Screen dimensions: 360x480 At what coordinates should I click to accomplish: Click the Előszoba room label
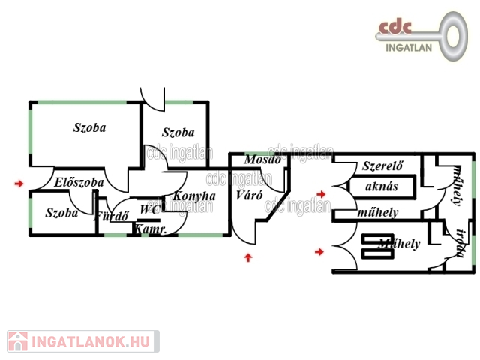[x=79, y=182]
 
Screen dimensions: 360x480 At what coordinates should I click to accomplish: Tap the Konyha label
[x=194, y=196]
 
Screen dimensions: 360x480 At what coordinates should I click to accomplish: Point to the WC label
[x=148, y=210]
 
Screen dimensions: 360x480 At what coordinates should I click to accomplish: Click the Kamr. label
[x=150, y=229]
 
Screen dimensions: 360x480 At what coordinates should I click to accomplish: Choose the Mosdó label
[x=263, y=160]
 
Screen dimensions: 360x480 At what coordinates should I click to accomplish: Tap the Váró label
[x=248, y=195]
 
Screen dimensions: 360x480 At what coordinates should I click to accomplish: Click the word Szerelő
[x=379, y=165]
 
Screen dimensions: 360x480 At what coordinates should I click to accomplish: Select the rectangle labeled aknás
[x=381, y=186]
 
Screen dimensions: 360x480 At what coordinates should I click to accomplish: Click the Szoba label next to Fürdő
[x=61, y=213]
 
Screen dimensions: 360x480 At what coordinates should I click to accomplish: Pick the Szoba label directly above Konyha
[x=178, y=131]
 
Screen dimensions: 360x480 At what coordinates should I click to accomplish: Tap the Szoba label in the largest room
[x=89, y=127]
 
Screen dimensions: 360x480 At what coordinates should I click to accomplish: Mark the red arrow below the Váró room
[x=249, y=258]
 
